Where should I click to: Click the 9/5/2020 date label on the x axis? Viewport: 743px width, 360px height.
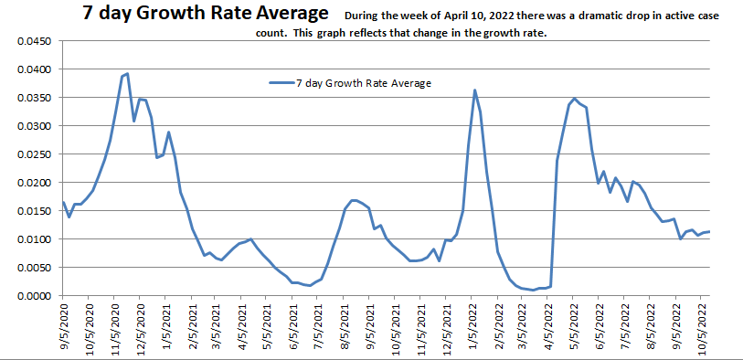pos(64,327)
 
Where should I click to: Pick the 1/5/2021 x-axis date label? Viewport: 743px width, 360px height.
pos(167,327)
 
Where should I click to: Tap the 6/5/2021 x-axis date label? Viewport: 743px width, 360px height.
pos(295,327)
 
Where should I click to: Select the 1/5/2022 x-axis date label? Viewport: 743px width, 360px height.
pos(474,327)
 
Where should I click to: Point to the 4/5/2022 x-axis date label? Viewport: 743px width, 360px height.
pos(551,327)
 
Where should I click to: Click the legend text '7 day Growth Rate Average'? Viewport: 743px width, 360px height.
pos(364,82)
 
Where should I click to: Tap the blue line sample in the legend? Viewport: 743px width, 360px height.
pos(280,82)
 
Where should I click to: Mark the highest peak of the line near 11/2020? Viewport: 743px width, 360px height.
pos(127,74)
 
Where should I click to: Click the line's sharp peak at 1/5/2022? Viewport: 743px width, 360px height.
pos(474,90)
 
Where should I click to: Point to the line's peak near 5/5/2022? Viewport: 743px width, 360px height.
pos(574,99)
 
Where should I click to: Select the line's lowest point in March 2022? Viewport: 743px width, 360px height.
pos(533,290)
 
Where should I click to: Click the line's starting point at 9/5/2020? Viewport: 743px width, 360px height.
pos(63,202)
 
